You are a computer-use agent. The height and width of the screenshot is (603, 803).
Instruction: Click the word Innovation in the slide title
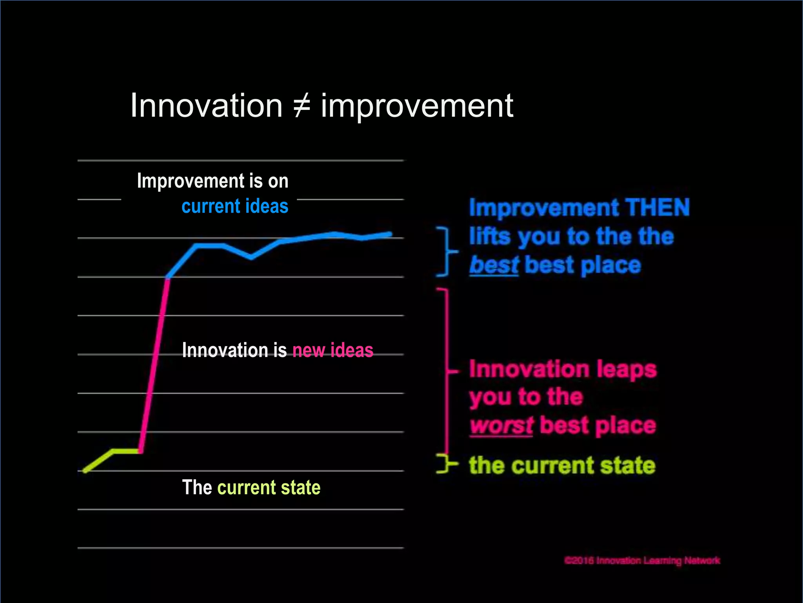(206, 106)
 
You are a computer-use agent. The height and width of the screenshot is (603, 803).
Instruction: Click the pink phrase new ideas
(332, 350)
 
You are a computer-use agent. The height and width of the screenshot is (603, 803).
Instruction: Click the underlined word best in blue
(494, 265)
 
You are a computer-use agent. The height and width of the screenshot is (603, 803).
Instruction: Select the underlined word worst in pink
(501, 426)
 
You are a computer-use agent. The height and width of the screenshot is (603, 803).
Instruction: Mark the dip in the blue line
(251, 258)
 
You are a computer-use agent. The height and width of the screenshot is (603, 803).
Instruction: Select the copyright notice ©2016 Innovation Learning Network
(642, 561)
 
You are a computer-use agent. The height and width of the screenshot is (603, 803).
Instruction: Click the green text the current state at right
(562, 466)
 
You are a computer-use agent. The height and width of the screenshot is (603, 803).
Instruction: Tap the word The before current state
(197, 488)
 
